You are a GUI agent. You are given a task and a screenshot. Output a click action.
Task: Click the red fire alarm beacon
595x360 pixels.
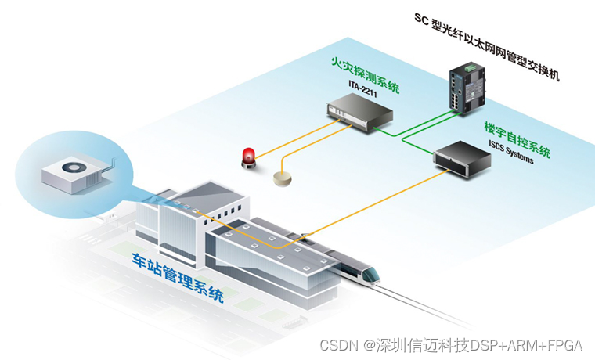pyautogui.click(x=249, y=157)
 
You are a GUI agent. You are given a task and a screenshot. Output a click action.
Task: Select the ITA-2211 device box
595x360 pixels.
pyautogui.click(x=359, y=113)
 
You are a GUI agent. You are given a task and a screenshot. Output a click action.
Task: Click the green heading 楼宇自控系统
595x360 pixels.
pyautogui.click(x=517, y=138)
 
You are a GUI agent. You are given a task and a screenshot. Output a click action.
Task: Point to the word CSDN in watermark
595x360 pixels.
pyautogui.click(x=337, y=345)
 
